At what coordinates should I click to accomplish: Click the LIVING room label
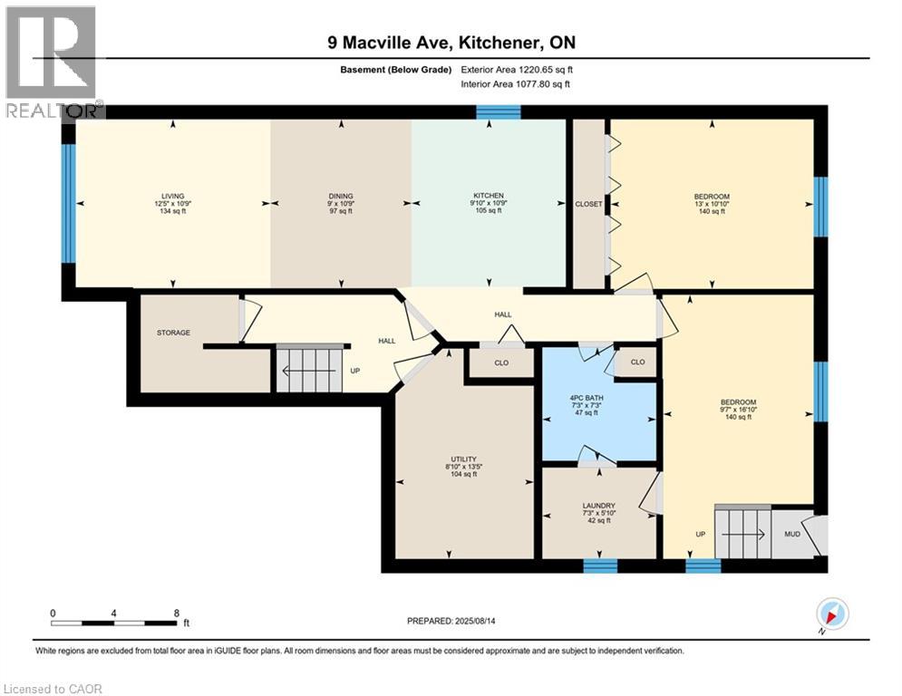pyautogui.click(x=172, y=196)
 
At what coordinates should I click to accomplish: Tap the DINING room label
pyautogui.click(x=341, y=196)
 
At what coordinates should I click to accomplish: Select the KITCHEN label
pyautogui.click(x=490, y=196)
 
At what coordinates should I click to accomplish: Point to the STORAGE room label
pyautogui.click(x=172, y=333)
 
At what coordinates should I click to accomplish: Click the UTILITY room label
pyautogui.click(x=463, y=459)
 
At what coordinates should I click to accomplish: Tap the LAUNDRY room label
pyautogui.click(x=599, y=506)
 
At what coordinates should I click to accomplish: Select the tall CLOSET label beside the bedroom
pyautogui.click(x=588, y=204)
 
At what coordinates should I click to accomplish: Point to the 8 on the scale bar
pyautogui.click(x=176, y=613)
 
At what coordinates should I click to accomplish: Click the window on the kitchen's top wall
pyautogui.click(x=499, y=111)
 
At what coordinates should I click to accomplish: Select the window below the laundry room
pyautogui.click(x=599, y=565)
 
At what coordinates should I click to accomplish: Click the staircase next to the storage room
pyautogui.click(x=310, y=369)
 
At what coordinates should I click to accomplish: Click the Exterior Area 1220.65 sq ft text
pyautogui.click(x=517, y=69)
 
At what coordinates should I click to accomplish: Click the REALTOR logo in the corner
pyautogui.click(x=52, y=62)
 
